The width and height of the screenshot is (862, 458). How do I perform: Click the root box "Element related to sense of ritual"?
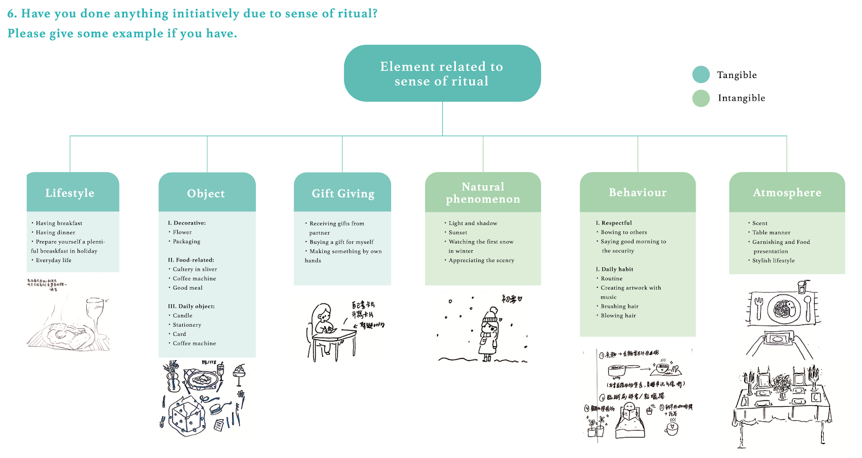pyautogui.click(x=442, y=74)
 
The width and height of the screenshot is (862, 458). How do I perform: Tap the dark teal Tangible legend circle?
pyautogui.click(x=701, y=75)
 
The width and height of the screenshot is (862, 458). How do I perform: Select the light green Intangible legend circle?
pyautogui.click(x=701, y=98)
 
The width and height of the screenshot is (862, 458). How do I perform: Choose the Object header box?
pyautogui.click(x=207, y=193)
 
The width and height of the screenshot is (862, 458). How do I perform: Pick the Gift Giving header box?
pyautogui.click(x=343, y=193)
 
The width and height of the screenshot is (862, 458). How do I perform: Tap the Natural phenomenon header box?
pyautogui.click(x=483, y=192)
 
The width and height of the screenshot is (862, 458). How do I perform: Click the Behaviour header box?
pyautogui.click(x=637, y=192)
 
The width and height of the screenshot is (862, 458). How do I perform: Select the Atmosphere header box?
pyautogui.click(x=787, y=192)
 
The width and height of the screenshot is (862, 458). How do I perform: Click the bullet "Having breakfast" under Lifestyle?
pyautogui.click(x=59, y=223)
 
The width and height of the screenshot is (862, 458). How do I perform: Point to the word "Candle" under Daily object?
pyautogui.click(x=183, y=315)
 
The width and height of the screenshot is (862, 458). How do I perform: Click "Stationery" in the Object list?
pyautogui.click(x=187, y=325)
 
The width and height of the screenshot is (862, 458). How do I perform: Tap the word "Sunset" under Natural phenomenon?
pyautogui.click(x=458, y=232)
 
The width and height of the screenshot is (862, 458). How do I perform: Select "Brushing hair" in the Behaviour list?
pyautogui.click(x=620, y=306)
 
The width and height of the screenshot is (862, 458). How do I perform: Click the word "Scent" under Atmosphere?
pyautogui.click(x=760, y=223)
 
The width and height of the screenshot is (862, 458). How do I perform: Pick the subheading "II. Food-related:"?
pyautogui.click(x=191, y=260)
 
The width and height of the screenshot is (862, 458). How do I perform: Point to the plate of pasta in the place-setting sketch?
pyautogui.click(x=784, y=308)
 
